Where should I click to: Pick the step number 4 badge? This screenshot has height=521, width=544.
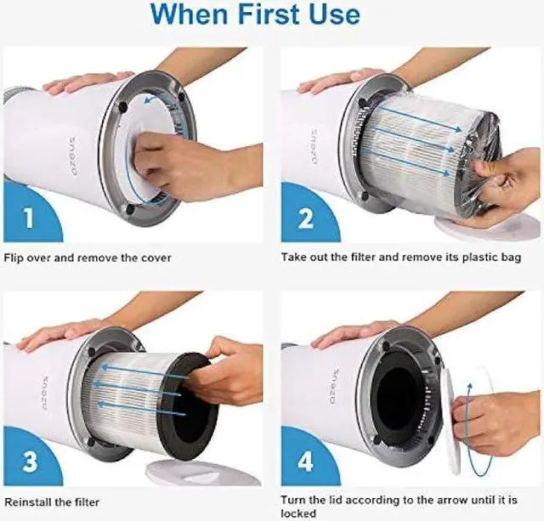[x=303, y=462]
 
